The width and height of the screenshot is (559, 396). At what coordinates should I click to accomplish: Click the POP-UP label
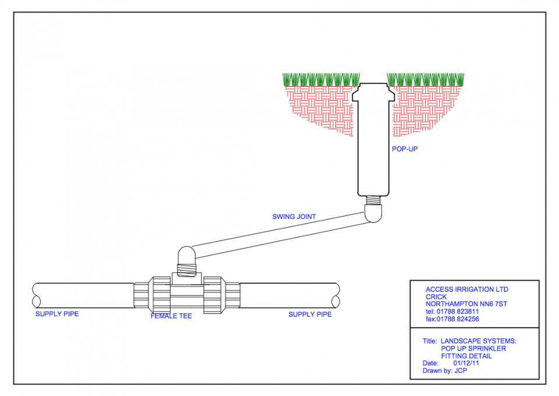[x=405, y=149]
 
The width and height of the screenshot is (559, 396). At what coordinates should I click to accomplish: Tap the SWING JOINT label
[x=294, y=217]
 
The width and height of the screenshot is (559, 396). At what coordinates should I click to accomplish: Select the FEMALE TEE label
[x=171, y=316]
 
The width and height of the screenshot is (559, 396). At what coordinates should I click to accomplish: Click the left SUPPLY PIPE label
[x=57, y=314]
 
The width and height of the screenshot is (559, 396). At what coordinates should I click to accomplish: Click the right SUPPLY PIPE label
[x=310, y=314]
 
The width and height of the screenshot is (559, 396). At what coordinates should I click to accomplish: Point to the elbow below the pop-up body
[x=374, y=214]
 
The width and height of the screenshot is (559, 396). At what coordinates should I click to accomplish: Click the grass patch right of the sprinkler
[x=426, y=79]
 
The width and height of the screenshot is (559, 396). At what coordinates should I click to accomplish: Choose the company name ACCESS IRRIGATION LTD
[x=467, y=289]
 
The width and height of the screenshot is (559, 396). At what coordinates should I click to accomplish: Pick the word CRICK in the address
[x=437, y=297]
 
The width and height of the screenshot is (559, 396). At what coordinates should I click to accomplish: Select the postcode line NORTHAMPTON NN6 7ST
[x=466, y=304]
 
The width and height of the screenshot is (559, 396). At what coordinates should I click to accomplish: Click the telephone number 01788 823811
[x=460, y=312]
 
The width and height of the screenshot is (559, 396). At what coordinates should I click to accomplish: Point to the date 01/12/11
[x=466, y=363]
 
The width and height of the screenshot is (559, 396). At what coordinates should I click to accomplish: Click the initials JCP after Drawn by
[x=461, y=371]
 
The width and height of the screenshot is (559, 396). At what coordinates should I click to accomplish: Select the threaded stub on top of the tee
[x=186, y=270]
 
